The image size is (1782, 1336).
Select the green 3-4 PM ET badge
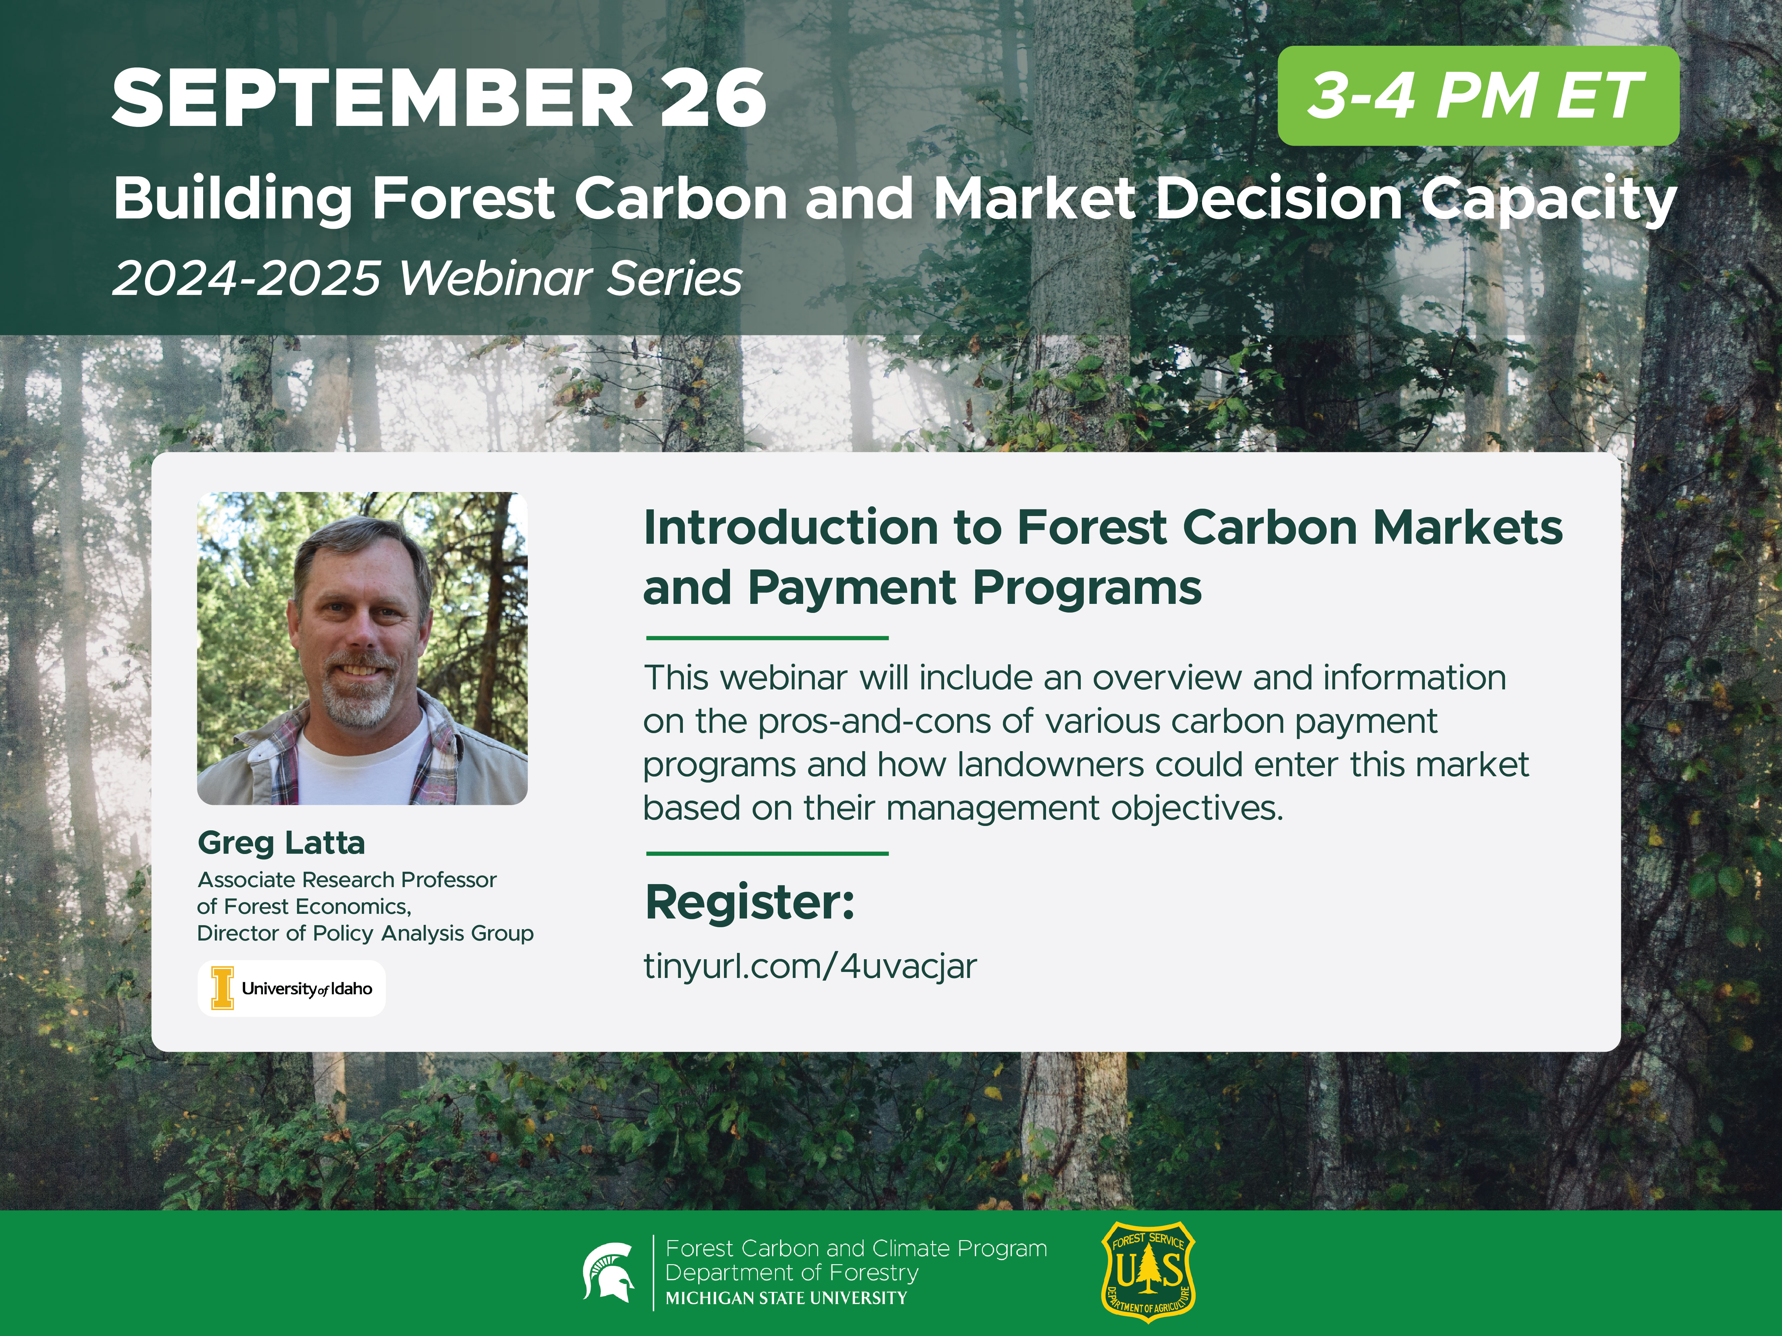click(1477, 96)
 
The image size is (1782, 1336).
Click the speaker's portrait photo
click(362, 648)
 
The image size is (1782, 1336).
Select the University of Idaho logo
click(292, 988)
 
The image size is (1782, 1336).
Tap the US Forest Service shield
click(1148, 1273)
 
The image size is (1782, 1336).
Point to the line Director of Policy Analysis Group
click(365, 933)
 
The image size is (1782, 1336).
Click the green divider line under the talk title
click(767, 638)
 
